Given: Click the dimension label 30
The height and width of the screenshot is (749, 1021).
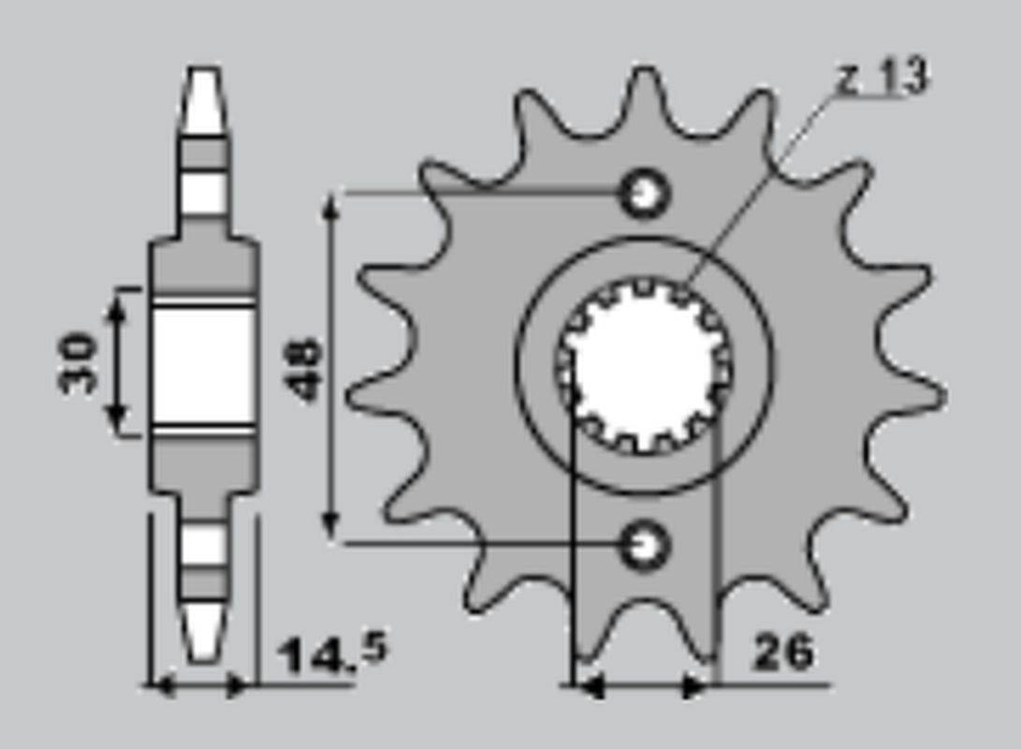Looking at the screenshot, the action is (x=76, y=362).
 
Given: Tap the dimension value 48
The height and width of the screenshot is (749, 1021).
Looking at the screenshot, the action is (x=302, y=368).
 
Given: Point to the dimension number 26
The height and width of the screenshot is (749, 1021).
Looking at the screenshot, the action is (x=783, y=652).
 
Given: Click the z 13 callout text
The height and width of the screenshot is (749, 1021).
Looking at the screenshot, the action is (x=882, y=78).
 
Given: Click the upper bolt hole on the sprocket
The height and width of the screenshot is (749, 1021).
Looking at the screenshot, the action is (x=646, y=194).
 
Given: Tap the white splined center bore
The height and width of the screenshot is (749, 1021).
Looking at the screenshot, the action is (x=643, y=366).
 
